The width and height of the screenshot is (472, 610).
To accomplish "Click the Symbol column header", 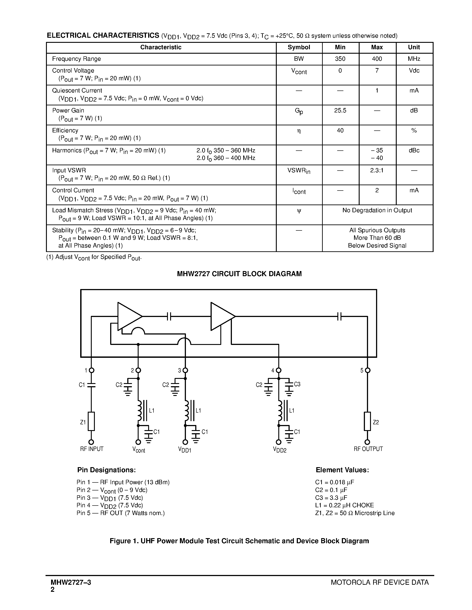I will [x=299, y=47].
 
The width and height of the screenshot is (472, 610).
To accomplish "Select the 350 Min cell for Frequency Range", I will [x=340, y=59].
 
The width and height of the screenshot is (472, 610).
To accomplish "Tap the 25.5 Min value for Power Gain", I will [x=340, y=111].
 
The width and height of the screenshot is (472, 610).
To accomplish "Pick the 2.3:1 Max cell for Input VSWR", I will [x=377, y=170].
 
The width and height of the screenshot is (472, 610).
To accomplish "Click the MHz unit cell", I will [x=414, y=59].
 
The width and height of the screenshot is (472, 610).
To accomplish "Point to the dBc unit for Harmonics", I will [x=414, y=151].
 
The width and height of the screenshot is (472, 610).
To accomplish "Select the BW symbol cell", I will [x=299, y=59].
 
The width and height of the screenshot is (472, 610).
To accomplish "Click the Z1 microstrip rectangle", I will [x=91, y=421].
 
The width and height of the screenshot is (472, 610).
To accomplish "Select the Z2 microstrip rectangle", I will [x=367, y=421].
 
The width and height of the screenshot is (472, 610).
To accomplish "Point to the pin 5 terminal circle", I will [x=367, y=370].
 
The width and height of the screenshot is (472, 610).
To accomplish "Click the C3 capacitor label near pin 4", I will [x=297, y=384].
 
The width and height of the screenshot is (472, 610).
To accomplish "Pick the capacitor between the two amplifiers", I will [x=169, y=317].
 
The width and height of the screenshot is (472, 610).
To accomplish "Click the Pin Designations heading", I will [x=106, y=470].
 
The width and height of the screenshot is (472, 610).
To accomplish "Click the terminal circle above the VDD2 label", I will [x=279, y=442].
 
